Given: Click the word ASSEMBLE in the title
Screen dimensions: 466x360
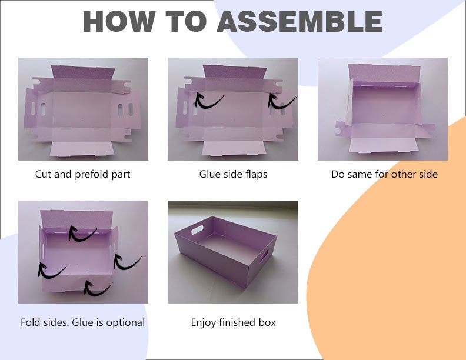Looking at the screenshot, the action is pos(299,21).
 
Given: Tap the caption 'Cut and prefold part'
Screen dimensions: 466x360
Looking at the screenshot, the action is pos(82,174).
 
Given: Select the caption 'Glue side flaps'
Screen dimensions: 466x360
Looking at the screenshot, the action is pos(234,174).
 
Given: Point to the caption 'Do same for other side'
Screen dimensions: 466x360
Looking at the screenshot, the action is pos(385,174).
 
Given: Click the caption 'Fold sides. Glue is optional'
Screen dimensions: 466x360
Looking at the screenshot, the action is pos(82,322).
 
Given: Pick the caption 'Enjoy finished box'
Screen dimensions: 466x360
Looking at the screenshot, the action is pos(234,322).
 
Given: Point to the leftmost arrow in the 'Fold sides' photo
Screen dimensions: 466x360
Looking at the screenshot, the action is pos(51,272).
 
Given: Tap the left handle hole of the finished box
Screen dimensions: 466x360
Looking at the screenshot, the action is pos(197,230).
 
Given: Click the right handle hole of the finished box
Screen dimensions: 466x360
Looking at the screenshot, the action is pos(264,256).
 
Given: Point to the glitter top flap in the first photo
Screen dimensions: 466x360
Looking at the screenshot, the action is pos(83,72).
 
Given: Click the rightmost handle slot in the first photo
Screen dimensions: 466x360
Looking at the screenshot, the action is pos(131,109).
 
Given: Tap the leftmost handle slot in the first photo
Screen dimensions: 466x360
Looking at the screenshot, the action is pos(34,109).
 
